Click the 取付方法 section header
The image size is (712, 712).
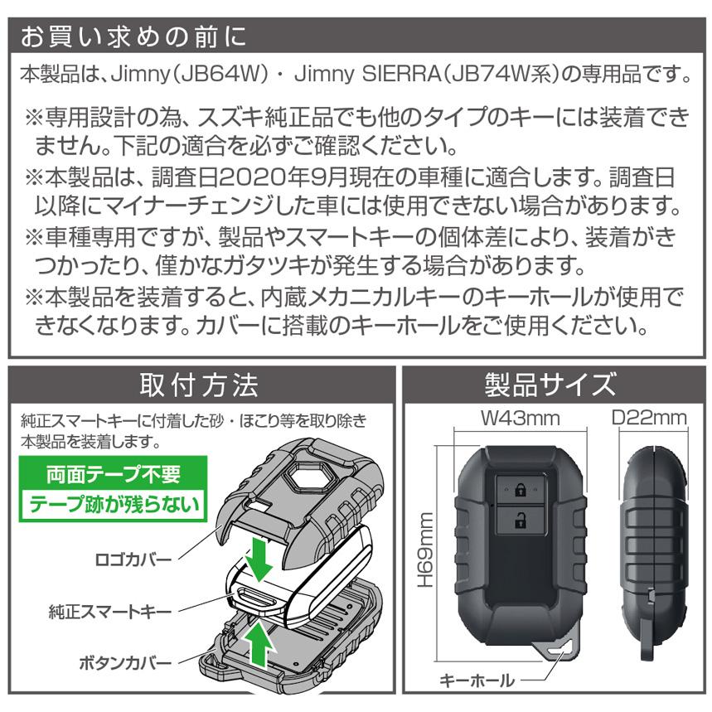pos(199,385)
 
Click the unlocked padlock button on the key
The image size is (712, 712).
pos(519,521)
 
